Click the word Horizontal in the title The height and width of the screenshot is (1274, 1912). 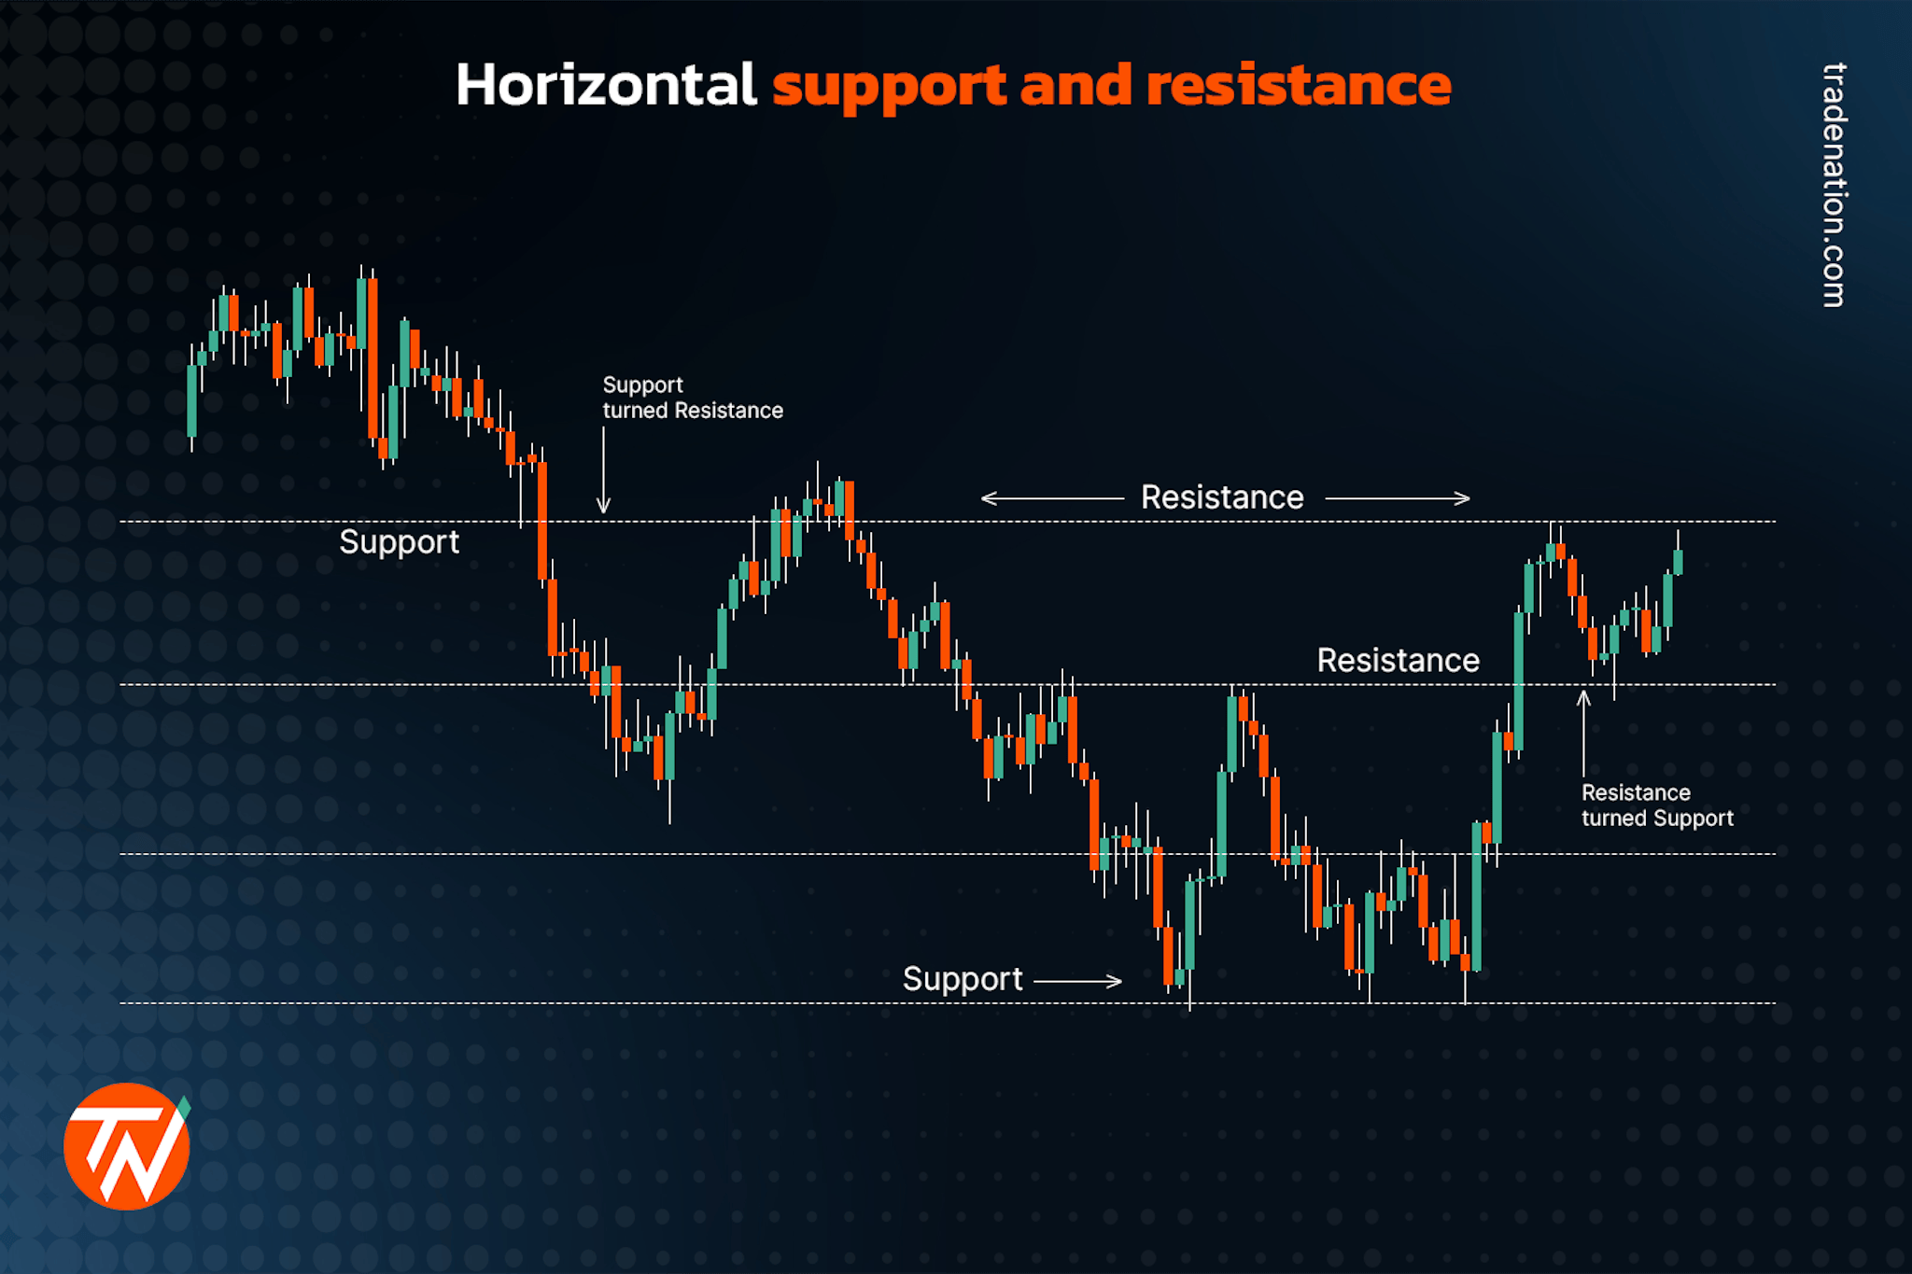605,86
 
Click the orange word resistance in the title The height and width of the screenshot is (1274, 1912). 1298,86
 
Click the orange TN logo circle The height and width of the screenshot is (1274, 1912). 126,1147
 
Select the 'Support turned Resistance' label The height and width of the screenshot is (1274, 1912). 692,398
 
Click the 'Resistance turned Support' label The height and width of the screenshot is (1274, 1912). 1656,805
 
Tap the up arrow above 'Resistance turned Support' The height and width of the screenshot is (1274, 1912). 1583,733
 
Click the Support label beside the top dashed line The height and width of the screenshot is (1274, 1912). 399,542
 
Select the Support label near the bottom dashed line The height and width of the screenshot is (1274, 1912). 962,979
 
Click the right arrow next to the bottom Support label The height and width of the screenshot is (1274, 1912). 1078,981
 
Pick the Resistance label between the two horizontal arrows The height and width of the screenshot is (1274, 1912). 1221,497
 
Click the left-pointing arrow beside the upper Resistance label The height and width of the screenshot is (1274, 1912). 1051,498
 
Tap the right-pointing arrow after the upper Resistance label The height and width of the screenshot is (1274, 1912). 1398,498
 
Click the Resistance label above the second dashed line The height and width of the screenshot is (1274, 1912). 1398,661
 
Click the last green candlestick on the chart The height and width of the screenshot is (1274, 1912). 1678,562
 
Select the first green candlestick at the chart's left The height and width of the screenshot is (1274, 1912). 192,400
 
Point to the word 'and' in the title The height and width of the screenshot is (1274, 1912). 1075,86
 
